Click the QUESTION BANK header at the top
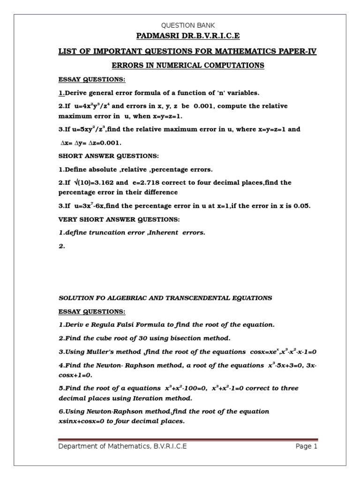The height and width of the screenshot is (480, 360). tap(187, 25)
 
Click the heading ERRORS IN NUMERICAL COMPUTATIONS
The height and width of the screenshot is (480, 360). tap(187, 66)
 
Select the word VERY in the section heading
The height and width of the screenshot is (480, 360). tap(68, 219)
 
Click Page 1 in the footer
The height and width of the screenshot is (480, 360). tap(306, 447)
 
